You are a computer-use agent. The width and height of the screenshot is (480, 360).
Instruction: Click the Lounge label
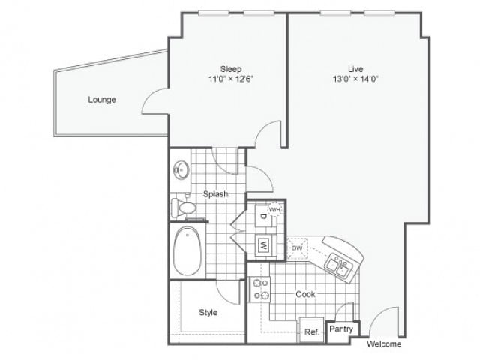pos(101,100)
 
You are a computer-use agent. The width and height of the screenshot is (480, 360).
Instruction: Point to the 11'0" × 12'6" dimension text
pos(230,78)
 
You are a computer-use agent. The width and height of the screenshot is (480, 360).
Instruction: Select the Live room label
pos(345,67)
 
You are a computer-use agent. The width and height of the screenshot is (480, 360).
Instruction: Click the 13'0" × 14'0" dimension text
pos(346,78)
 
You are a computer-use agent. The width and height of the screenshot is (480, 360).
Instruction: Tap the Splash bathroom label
pos(215,194)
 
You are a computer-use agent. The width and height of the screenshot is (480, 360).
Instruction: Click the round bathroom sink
pos(181,169)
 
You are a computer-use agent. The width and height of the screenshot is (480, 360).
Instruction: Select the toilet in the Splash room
pos(182,206)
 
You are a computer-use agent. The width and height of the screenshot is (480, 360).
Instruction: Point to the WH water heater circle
pos(274,208)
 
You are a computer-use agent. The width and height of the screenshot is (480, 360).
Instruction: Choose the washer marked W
pos(263,244)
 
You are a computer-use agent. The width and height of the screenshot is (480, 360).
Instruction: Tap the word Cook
pos(304,294)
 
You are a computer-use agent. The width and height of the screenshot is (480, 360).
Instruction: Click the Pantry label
pos(343,328)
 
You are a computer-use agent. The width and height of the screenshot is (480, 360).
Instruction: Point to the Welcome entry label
pos(384,345)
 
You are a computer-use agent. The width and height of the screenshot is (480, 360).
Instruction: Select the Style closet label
pos(208,312)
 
